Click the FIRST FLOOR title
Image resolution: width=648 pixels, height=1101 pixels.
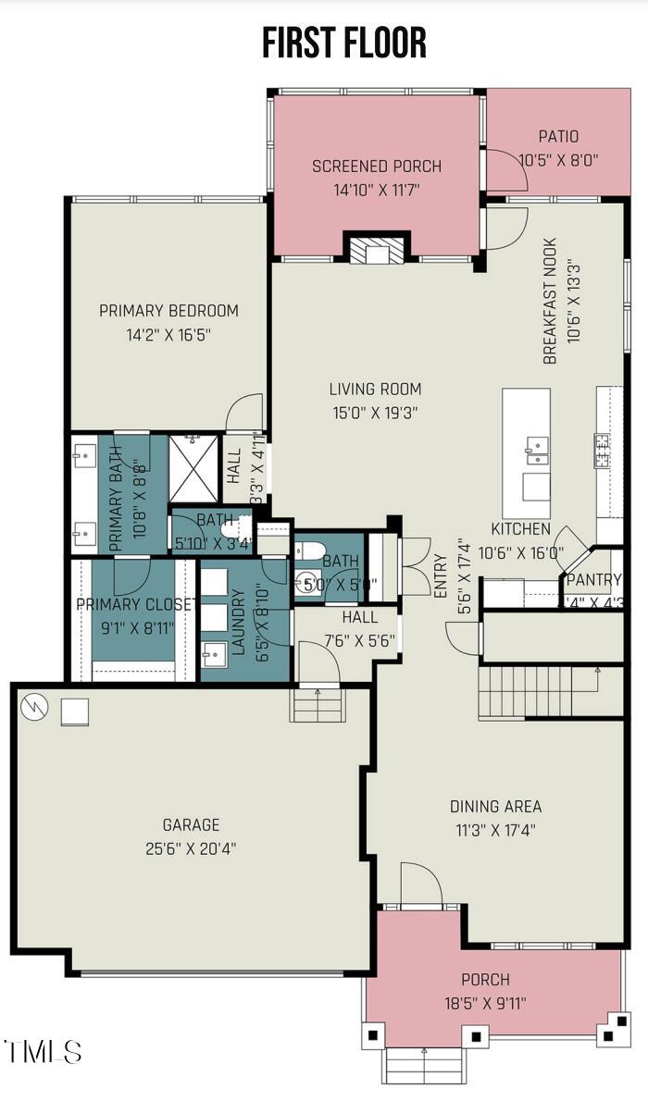[x=343, y=43]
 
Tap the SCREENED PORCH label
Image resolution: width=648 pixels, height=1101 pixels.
[x=376, y=167]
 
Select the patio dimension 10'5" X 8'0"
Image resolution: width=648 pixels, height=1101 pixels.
[x=558, y=160]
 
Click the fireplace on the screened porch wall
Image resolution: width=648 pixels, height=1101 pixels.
[x=377, y=251]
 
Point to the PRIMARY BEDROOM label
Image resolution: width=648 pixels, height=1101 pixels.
[x=168, y=311]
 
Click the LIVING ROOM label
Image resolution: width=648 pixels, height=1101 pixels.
[x=375, y=390]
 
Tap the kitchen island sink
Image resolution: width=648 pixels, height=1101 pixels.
[x=536, y=451]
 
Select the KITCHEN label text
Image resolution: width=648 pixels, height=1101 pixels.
[x=521, y=529]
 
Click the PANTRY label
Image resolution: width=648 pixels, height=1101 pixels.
[x=593, y=580]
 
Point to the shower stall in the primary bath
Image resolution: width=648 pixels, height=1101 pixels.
[x=193, y=468]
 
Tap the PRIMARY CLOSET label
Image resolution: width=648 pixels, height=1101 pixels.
[x=136, y=605]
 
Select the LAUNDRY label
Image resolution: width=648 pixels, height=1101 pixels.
[x=238, y=623]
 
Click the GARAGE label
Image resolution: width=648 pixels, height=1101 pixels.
[x=192, y=824]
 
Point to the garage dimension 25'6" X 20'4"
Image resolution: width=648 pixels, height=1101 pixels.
[x=192, y=847]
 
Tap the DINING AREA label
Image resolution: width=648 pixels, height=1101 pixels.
[x=495, y=807]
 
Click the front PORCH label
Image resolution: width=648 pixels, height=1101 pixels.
[x=485, y=980]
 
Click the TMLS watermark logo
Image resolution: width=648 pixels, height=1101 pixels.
[x=43, y=1052]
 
